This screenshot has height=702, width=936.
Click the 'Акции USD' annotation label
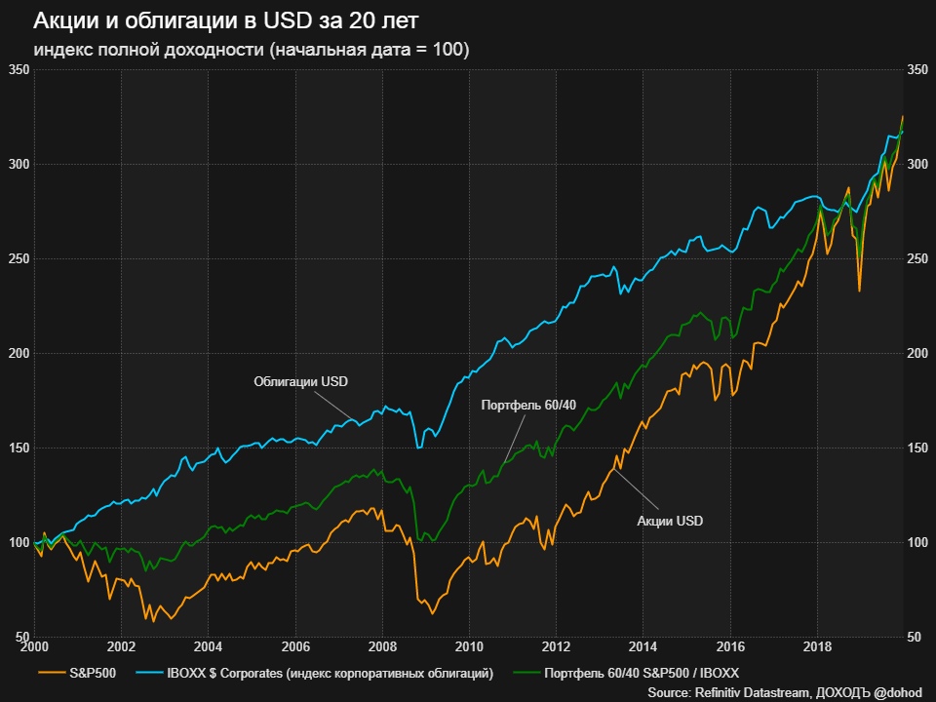coord(670,521)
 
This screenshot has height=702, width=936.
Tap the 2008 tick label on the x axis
coord(382,645)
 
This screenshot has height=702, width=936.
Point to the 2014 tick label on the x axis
coord(643,645)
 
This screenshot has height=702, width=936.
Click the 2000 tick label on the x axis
coord(34,645)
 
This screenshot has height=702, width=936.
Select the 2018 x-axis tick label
coord(817,645)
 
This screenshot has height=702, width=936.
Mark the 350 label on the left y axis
coord(18,69)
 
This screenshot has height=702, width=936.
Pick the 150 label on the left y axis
coord(18,448)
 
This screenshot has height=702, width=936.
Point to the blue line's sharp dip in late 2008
coord(419,448)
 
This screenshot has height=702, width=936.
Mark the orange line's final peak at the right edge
coord(902,117)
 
